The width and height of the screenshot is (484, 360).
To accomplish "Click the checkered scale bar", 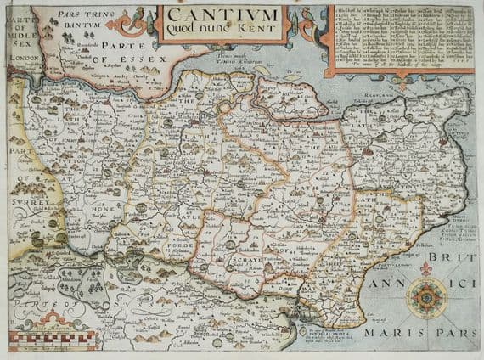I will pos(47,346).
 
